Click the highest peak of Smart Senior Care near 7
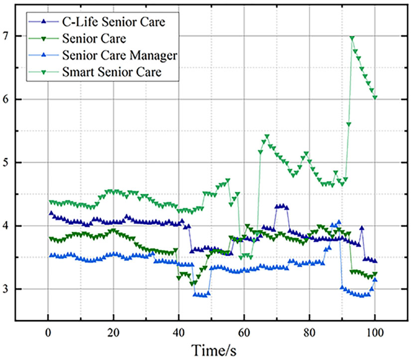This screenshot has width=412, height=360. [352, 38]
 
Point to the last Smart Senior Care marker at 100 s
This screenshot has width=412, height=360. [375, 98]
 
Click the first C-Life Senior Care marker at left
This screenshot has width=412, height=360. [51, 213]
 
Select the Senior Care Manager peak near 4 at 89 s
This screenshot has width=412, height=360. [339, 222]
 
